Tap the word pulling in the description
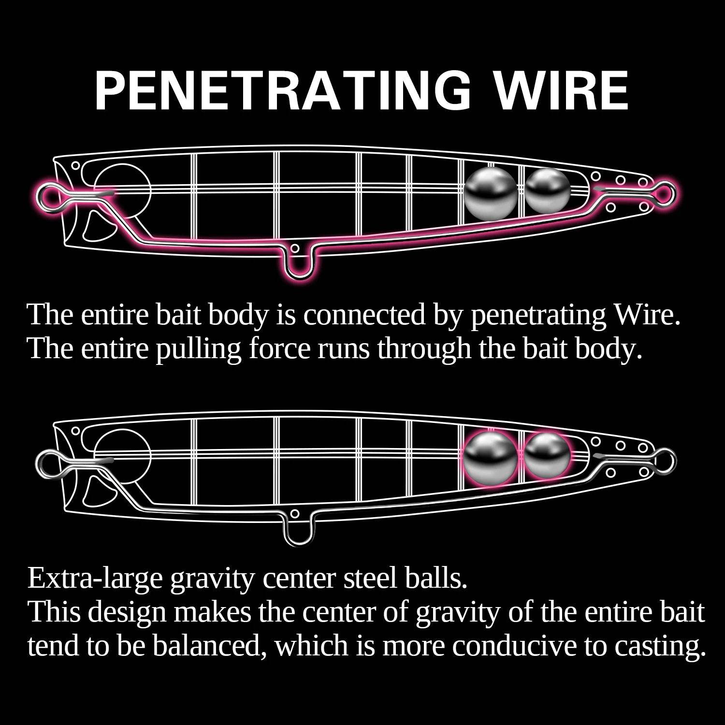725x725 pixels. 198,349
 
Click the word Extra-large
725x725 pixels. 95,579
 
